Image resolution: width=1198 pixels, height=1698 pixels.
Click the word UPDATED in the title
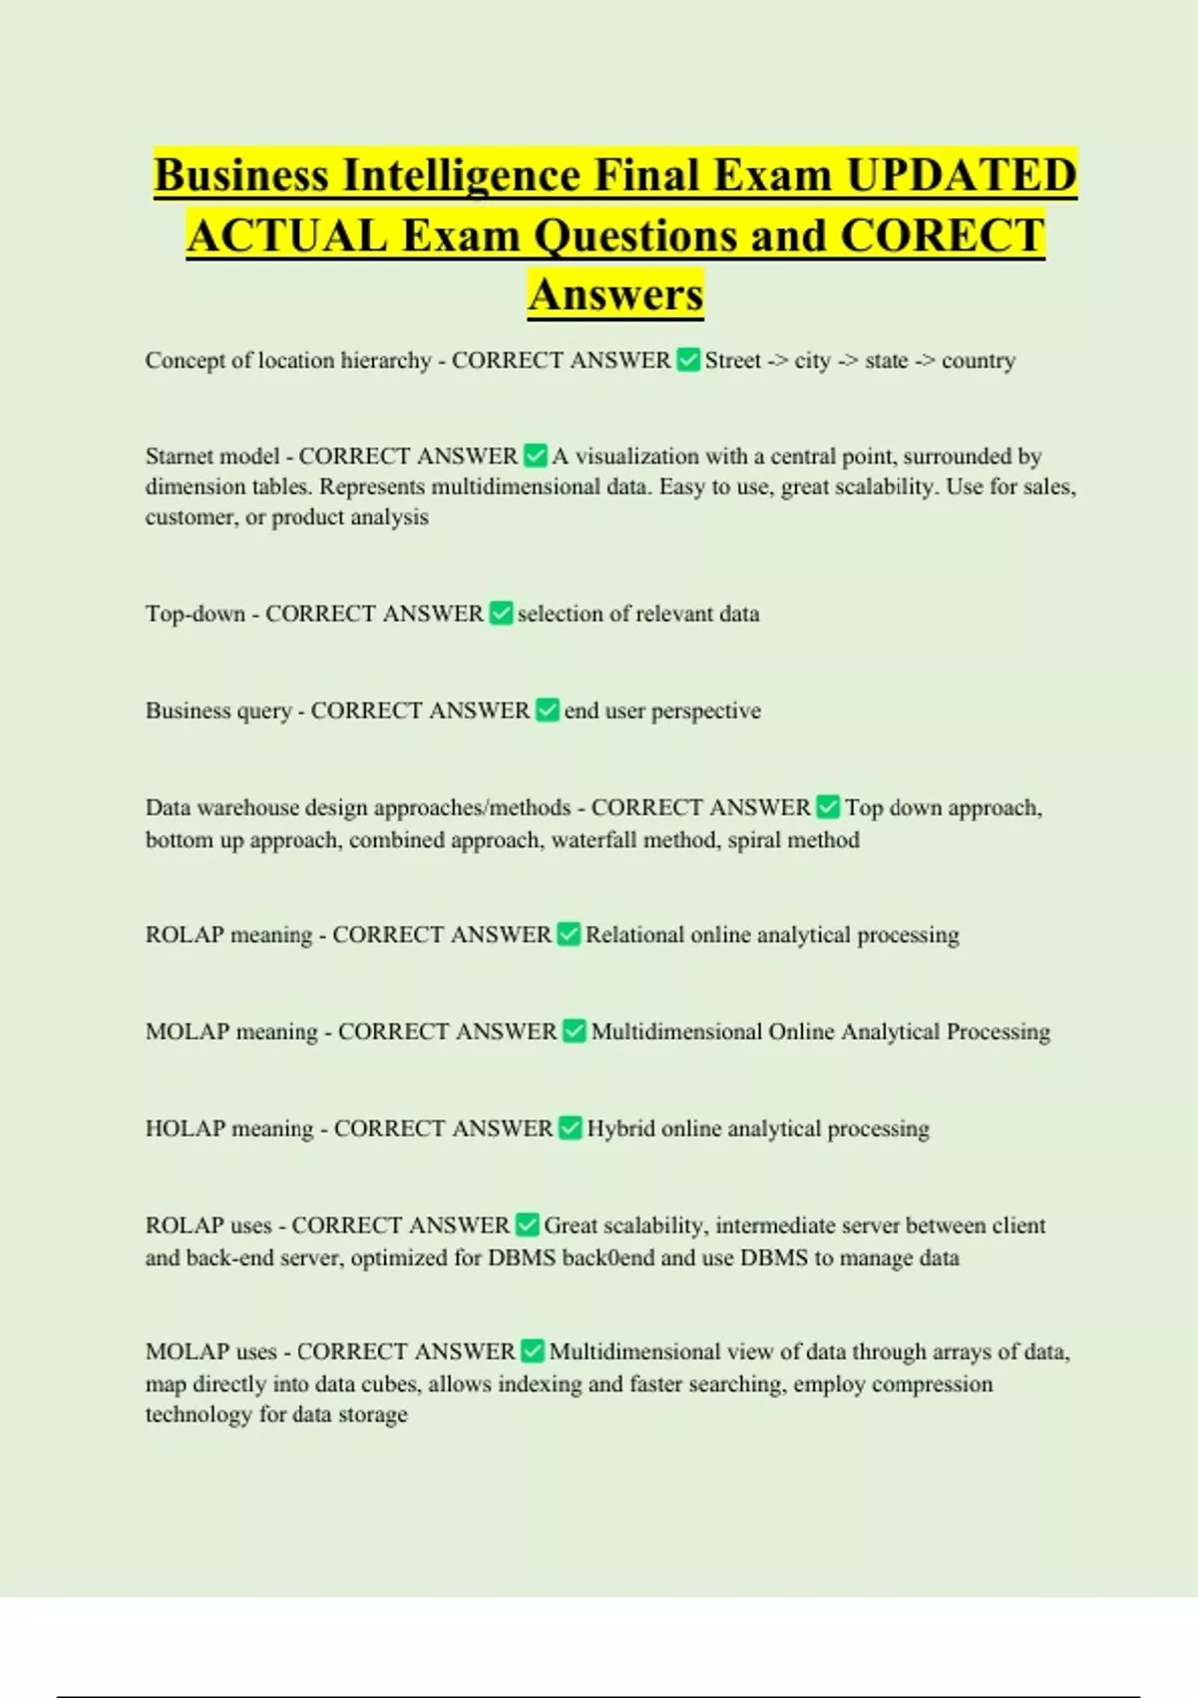[960, 175]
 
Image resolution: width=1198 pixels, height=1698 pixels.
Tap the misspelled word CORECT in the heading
[942, 236]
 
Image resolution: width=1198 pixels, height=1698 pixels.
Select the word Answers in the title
[616, 294]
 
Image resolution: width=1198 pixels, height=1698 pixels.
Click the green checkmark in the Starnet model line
[535, 456]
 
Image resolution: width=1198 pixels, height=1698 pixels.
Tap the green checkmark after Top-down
[501, 613]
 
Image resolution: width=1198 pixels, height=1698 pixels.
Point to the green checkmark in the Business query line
[547, 710]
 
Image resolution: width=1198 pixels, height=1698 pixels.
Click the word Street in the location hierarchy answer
[733, 360]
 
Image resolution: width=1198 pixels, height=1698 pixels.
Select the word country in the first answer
[978, 360]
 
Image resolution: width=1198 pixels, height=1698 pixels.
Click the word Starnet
[180, 456]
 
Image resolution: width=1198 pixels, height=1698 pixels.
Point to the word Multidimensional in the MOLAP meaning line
[676, 1032]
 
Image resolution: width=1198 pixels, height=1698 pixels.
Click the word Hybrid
[620, 1129]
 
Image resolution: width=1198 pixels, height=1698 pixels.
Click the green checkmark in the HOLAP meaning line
[570, 1128]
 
